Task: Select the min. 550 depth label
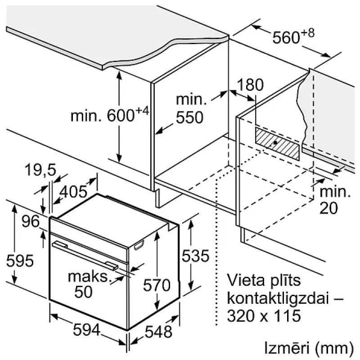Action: point(189,109)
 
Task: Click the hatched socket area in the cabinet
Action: point(277,142)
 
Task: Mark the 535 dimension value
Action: point(195,256)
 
